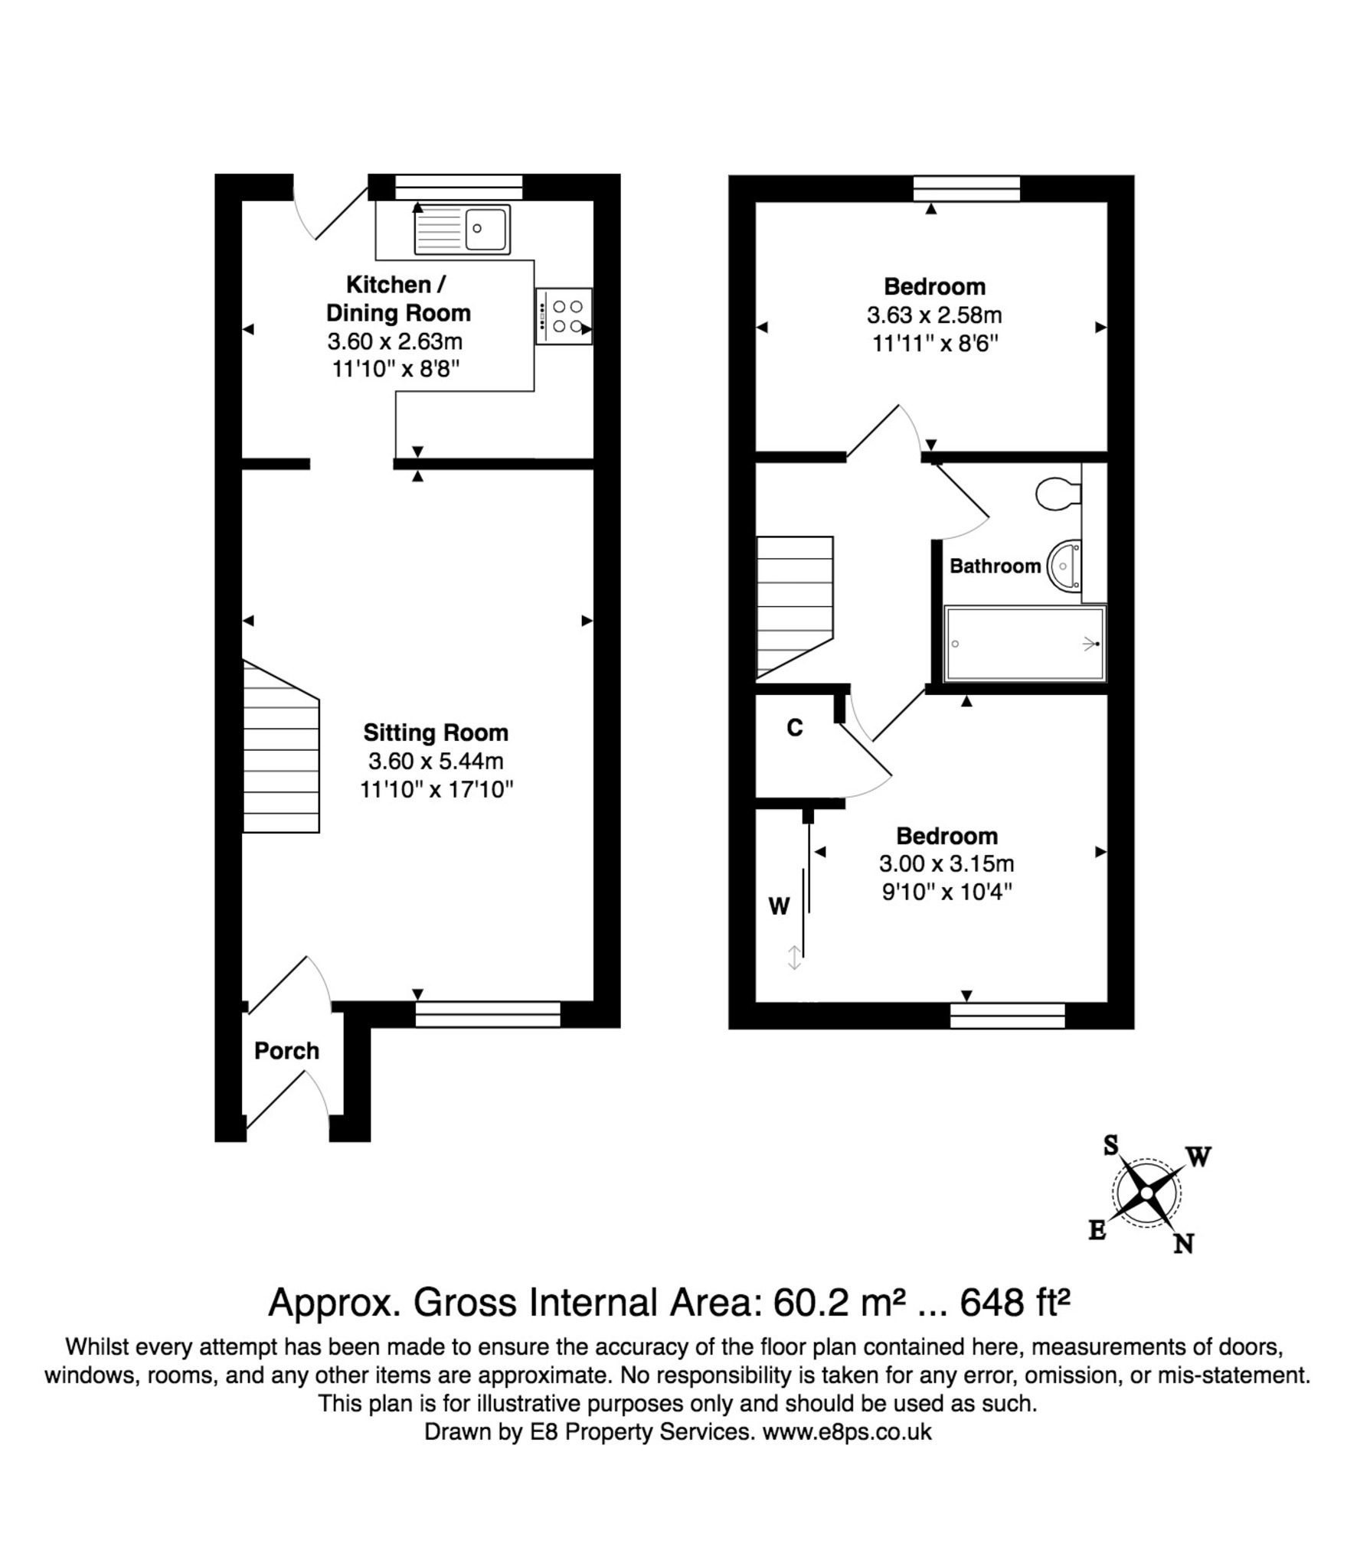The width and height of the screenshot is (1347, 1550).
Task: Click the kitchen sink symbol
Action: [462, 229]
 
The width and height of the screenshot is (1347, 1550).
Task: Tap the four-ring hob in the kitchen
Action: [564, 316]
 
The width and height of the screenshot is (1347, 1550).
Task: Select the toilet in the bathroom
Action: [1057, 494]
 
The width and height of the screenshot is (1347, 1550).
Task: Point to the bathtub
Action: [1025, 644]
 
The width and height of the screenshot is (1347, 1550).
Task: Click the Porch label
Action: [286, 1051]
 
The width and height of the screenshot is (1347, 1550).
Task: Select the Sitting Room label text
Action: [436, 733]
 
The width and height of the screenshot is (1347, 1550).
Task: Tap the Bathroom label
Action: [995, 566]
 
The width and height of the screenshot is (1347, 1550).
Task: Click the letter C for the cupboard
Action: [795, 728]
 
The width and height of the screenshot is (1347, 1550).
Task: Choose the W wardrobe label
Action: [779, 906]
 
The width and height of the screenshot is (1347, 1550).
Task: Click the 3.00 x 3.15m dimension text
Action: [946, 864]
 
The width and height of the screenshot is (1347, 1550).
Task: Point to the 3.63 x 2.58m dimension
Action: [934, 315]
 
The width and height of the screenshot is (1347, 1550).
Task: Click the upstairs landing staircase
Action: [794, 606]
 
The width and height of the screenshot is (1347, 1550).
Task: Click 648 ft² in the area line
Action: [1014, 1302]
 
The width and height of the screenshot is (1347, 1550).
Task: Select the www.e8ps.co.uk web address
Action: [846, 1432]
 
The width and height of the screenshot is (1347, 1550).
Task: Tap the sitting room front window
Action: [488, 1014]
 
